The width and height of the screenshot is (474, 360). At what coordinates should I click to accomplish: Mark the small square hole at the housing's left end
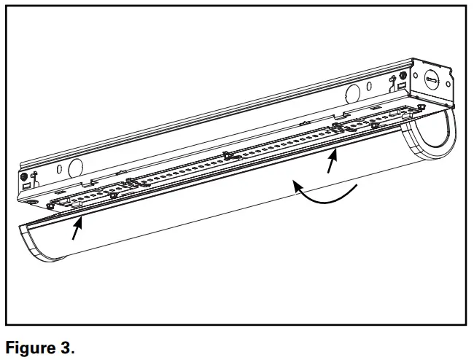click(x=27, y=186)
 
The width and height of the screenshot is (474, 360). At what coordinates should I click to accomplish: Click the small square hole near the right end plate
click(x=402, y=85)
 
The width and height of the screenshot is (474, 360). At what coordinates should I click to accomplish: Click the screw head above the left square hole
click(x=26, y=176)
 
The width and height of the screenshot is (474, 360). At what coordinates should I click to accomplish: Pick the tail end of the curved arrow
click(x=356, y=189)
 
